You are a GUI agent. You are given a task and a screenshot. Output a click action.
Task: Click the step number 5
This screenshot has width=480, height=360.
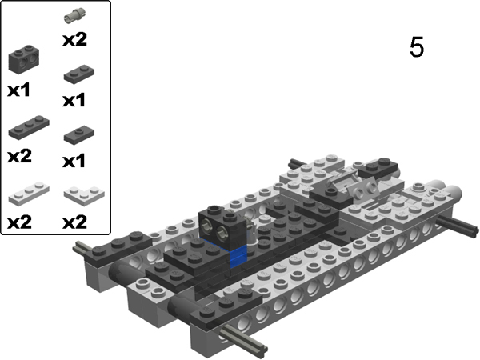point(416,47)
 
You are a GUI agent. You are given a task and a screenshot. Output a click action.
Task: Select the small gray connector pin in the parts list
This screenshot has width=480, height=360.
point(74,14)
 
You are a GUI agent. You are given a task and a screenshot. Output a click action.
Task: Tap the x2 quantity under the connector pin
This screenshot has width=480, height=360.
point(74,38)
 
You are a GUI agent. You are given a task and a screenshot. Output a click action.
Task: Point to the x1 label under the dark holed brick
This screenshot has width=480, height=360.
point(19,91)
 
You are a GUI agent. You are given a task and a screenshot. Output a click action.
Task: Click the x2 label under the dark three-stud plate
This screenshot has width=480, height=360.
point(19,156)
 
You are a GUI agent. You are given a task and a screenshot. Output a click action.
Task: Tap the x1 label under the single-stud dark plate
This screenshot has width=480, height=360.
point(74,161)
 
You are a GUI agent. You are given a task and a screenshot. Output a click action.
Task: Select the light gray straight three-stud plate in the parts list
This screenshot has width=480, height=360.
point(27,191)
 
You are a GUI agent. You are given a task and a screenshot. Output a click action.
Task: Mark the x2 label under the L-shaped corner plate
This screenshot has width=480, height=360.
point(74,221)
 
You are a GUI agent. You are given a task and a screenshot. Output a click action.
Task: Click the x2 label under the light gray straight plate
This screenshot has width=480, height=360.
point(19,221)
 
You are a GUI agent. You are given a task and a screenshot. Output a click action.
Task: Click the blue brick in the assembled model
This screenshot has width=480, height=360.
point(238,256)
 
